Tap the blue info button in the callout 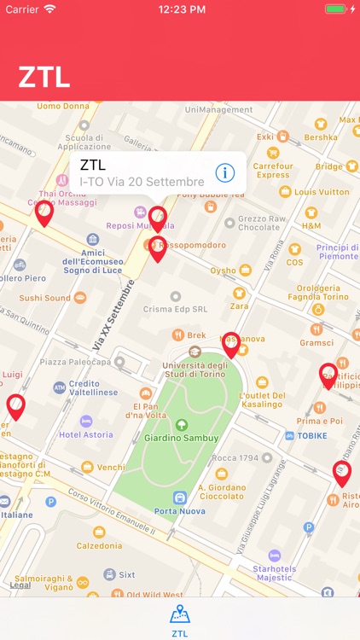pos(224,172)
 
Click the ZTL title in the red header pos(44,77)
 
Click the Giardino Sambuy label pos(182,439)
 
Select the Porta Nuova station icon pos(180,497)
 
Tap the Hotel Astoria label pos(86,434)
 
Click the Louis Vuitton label pos(322,192)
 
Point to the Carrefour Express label pos(273,170)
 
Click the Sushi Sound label pos(45,298)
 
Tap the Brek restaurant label pos(196,335)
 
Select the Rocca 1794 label pos(235,458)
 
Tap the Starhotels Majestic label pos(273,573)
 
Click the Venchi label pos(110,468)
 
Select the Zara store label pos(239,305)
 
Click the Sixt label pos(126,574)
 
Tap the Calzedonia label pos(98,545)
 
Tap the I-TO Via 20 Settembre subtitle pos(142,181)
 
